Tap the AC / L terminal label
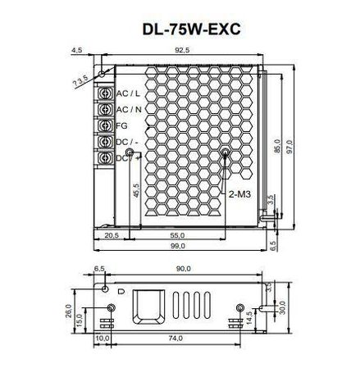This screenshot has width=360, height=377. tap(127, 94)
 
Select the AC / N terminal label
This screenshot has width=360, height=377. tap(128, 110)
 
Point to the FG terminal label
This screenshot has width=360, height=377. tap(122, 125)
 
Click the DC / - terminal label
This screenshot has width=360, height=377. tap(127, 142)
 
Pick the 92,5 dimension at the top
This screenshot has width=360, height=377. tap(182, 51)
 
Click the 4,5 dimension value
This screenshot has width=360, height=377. tap(77, 51)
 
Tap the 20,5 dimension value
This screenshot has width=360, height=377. tap(112, 235)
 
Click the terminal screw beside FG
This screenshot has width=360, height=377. tap(105, 125)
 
